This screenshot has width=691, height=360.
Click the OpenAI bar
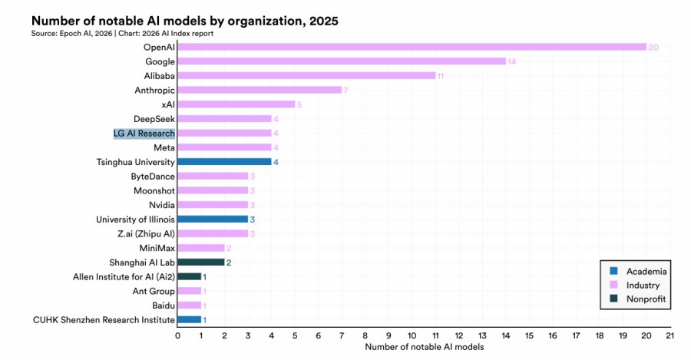(412, 47)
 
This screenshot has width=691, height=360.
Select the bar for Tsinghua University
(224, 162)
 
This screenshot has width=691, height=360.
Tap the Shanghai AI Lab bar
(201, 263)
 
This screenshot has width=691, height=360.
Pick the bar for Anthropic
(260, 90)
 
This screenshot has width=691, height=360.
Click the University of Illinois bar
(213, 219)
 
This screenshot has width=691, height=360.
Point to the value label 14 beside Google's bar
(511, 61)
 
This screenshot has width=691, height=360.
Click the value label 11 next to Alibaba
(440, 76)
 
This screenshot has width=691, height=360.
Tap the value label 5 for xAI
(299, 104)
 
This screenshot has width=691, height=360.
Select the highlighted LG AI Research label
(144, 133)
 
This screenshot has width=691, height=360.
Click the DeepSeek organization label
(154, 119)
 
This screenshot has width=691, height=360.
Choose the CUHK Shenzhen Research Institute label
(104, 320)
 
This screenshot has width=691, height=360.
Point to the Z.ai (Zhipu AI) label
(146, 233)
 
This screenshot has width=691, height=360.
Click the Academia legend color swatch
(613, 271)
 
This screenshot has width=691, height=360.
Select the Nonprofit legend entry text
(646, 299)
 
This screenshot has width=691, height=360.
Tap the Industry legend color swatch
(613, 285)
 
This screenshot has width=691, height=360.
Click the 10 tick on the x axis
(412, 335)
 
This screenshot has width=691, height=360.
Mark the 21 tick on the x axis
(670, 335)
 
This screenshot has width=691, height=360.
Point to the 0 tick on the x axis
(177, 335)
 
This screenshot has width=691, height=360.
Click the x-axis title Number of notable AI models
(425, 347)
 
